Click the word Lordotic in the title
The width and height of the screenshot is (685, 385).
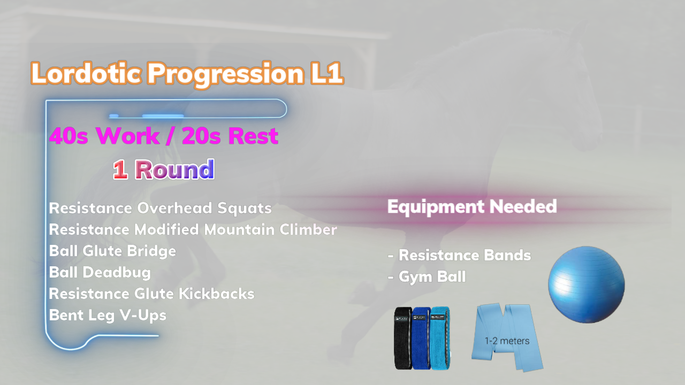tap(86, 73)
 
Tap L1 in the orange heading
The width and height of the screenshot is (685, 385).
tap(326, 73)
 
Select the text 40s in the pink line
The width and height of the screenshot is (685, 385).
tap(68, 136)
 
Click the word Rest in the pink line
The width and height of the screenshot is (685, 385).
tap(253, 136)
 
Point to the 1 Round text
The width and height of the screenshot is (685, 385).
tap(164, 170)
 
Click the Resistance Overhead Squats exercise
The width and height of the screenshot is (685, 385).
tap(160, 209)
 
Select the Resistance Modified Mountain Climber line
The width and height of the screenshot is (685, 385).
tap(193, 229)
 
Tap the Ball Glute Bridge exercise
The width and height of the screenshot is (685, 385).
tap(112, 251)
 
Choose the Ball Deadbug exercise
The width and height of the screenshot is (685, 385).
tap(100, 273)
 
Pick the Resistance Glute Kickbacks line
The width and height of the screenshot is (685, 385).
tap(151, 294)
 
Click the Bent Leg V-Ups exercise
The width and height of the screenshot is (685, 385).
tap(108, 315)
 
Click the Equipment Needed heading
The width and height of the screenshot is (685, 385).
tap(472, 206)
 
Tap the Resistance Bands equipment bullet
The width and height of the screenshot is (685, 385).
tap(459, 256)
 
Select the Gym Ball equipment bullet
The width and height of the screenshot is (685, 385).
tap(427, 277)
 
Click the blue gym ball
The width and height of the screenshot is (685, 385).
tap(586, 284)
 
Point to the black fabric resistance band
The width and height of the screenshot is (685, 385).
tap(403, 338)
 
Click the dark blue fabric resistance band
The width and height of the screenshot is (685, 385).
tap(421, 338)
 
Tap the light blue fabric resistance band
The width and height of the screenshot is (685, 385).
tap(440, 337)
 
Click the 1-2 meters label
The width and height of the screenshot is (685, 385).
tap(507, 341)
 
